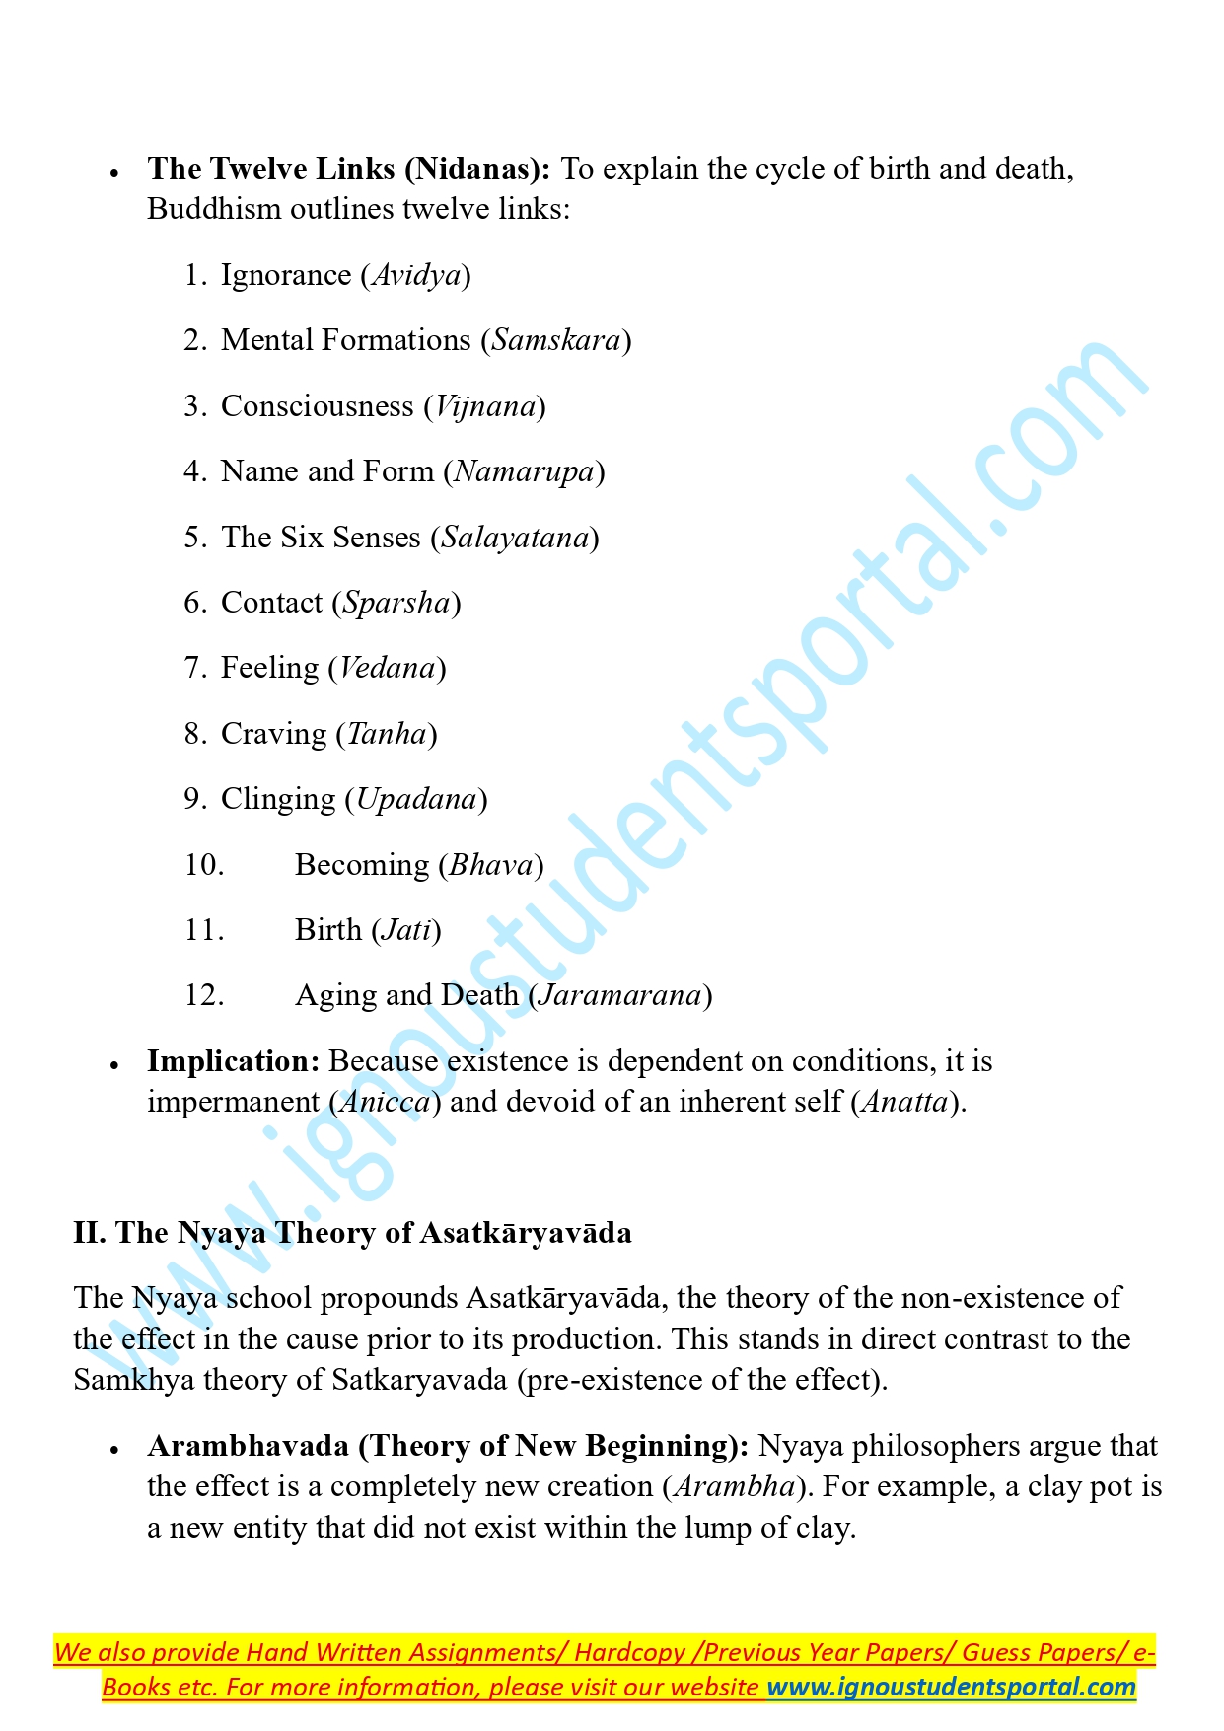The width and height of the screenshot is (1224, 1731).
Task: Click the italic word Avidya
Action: click(x=415, y=275)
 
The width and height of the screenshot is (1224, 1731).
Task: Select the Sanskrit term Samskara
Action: click(x=556, y=340)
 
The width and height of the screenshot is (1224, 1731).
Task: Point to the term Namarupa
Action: click(x=524, y=471)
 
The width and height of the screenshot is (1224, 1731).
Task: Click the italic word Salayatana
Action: click(x=515, y=538)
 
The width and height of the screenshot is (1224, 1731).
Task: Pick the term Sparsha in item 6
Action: click(x=396, y=603)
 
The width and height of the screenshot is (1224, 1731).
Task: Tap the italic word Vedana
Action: click(x=387, y=668)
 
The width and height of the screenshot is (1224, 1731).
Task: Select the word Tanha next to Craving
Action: click(x=387, y=734)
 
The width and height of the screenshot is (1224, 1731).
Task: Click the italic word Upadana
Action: click(x=416, y=799)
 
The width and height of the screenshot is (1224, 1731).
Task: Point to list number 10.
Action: click(x=203, y=865)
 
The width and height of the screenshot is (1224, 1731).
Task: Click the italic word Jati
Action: click(x=406, y=930)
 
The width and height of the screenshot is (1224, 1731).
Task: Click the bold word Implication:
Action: click(x=234, y=1061)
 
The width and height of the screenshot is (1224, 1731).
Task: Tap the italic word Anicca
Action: click(x=385, y=1102)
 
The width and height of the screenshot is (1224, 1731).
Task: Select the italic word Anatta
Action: click(x=904, y=1102)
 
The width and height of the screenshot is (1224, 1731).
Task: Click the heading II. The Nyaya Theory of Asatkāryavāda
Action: click(x=352, y=1233)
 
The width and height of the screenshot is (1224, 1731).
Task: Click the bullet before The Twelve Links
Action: click(x=114, y=172)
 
